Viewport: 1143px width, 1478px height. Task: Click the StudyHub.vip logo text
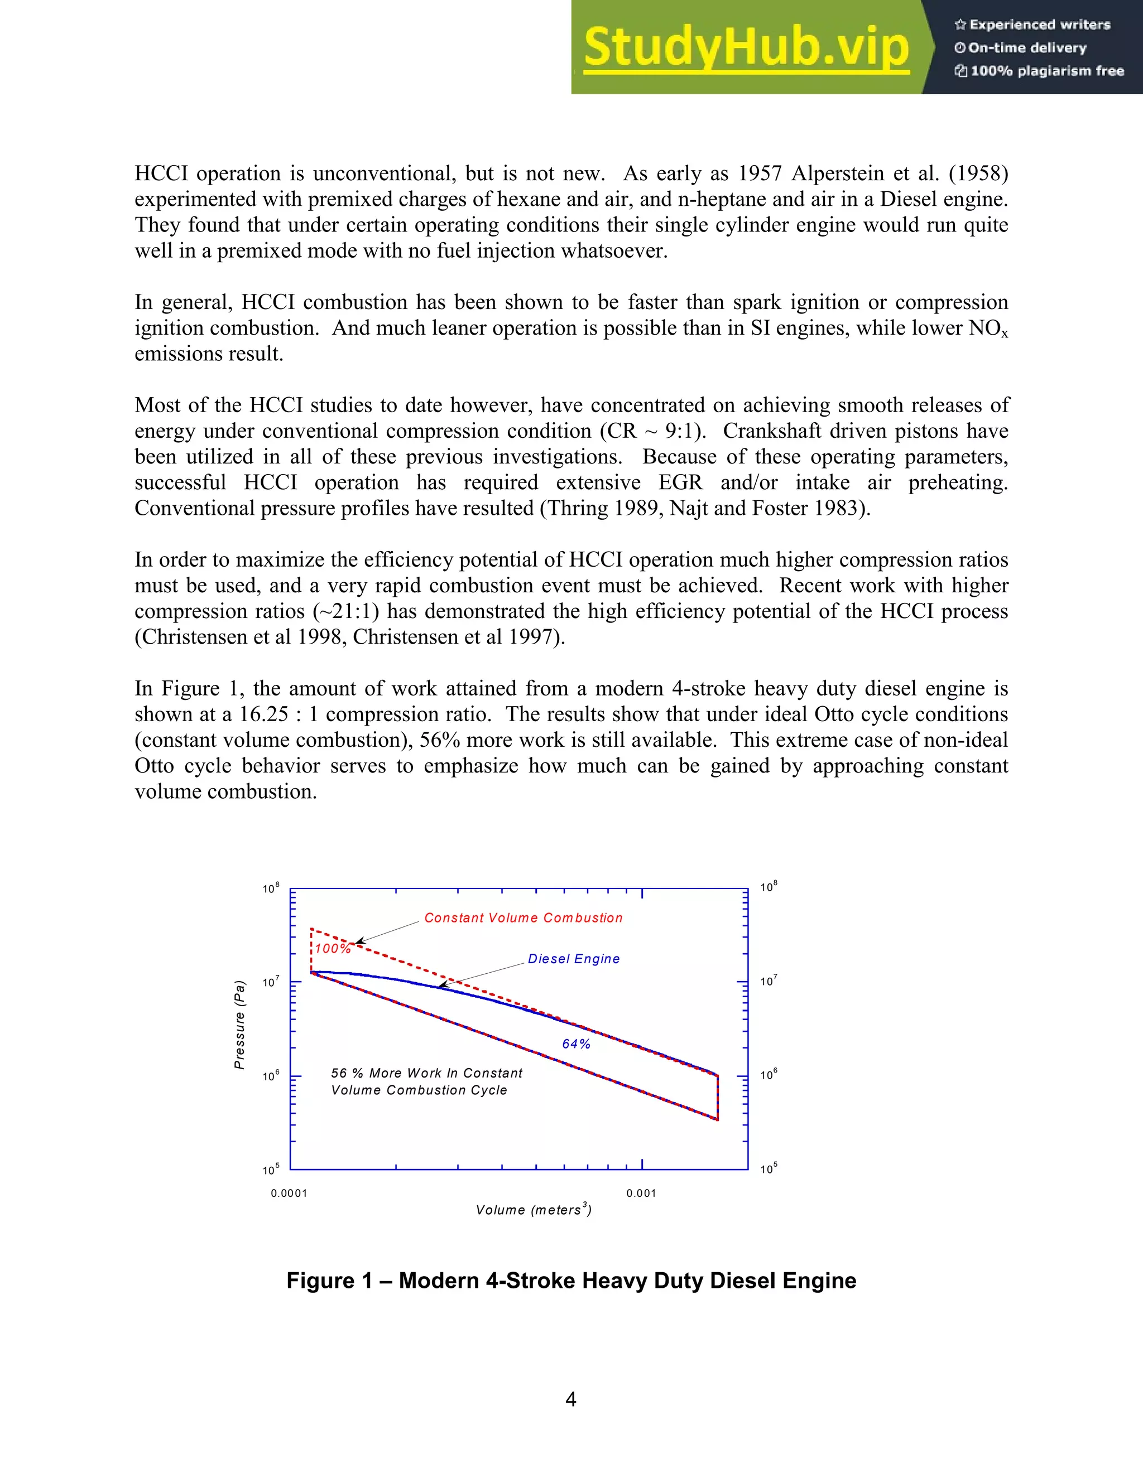point(746,47)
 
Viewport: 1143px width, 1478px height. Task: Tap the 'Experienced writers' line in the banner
point(1032,25)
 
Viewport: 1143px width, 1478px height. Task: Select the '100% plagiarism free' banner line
point(1039,71)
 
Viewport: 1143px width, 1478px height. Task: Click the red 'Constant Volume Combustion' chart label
point(524,917)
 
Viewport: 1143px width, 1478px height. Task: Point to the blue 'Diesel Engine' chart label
point(574,958)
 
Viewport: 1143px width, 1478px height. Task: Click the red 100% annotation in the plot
point(333,949)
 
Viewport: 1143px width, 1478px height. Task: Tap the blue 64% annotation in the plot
point(576,1044)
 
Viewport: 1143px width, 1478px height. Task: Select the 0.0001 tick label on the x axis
point(289,1193)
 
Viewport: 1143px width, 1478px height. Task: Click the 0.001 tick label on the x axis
point(641,1193)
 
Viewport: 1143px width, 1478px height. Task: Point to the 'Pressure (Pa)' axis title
point(239,1025)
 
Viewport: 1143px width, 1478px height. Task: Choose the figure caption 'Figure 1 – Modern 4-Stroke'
point(571,1281)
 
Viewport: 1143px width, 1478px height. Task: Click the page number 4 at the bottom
point(571,1399)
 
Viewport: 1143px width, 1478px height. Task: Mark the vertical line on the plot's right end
point(718,1098)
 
